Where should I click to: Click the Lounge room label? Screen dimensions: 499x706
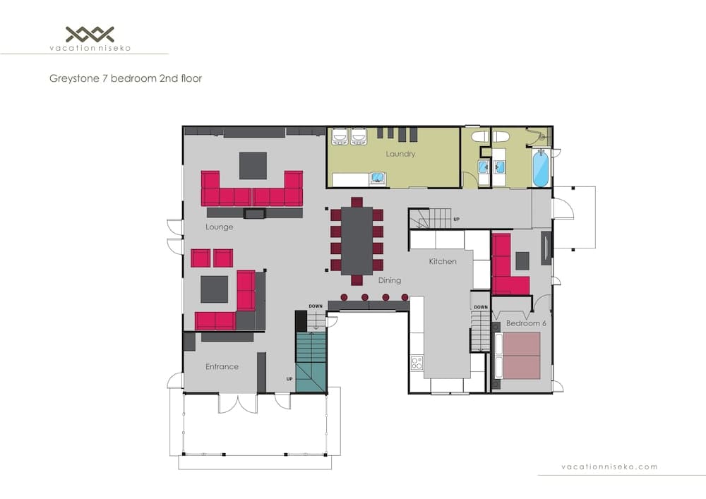[220, 227]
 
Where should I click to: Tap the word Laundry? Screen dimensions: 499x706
[400, 154]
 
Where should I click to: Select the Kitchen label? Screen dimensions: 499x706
[443, 262]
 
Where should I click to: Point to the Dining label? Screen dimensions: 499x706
[389, 280]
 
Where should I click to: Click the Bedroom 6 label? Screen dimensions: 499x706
[527, 323]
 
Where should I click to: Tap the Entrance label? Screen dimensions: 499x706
[222, 366]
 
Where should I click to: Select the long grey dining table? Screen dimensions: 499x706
[357, 241]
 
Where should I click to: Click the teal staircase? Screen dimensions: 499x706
[311, 361]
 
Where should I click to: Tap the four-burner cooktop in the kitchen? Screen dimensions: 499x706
[417, 363]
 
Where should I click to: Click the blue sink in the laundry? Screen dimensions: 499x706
[378, 178]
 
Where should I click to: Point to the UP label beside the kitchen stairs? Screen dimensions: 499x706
[457, 220]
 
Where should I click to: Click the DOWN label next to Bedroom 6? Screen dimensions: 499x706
[480, 307]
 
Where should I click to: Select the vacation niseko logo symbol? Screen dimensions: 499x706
[90, 33]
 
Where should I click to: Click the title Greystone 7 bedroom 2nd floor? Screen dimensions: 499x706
[124, 78]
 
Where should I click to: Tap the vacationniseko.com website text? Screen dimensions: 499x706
[609, 467]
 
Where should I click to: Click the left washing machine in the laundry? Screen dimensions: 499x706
[339, 136]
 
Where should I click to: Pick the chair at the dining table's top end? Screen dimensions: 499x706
[357, 201]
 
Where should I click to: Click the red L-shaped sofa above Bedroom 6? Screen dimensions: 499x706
[508, 268]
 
